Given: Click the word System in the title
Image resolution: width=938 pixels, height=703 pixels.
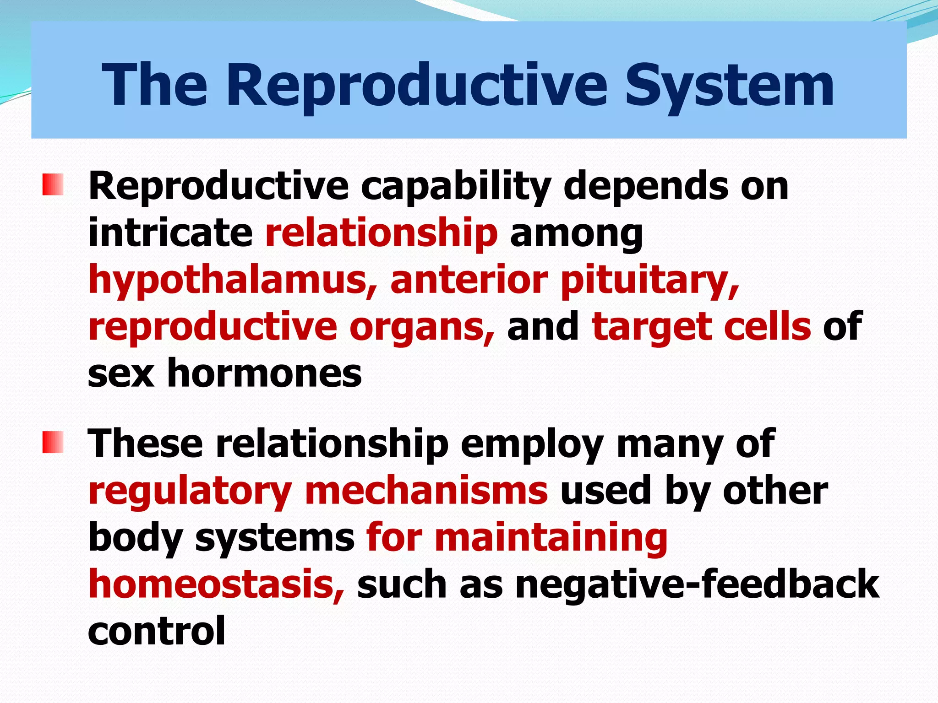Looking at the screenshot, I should tap(729, 86).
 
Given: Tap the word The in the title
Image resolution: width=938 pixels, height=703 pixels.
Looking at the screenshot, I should tap(154, 86).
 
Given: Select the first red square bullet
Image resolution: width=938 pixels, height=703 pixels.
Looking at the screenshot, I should tap(53, 184).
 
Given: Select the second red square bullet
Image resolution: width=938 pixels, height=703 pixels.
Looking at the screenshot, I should tap(53, 442).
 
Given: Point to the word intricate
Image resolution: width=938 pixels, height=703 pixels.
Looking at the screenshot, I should tap(170, 233).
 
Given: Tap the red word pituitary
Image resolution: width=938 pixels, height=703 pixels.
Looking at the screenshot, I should tap(650, 281).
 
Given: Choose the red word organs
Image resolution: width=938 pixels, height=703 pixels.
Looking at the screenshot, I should tap(422, 328).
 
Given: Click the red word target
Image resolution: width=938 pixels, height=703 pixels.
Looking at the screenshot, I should tap(651, 328).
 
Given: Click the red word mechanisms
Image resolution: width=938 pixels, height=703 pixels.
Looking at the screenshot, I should tap(426, 491).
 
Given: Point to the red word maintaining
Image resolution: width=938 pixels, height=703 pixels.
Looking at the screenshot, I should tap(551, 537).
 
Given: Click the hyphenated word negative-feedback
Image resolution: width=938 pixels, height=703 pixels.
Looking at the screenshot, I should tap(697, 585).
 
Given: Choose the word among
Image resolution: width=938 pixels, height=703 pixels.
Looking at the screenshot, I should tap(576, 234).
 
